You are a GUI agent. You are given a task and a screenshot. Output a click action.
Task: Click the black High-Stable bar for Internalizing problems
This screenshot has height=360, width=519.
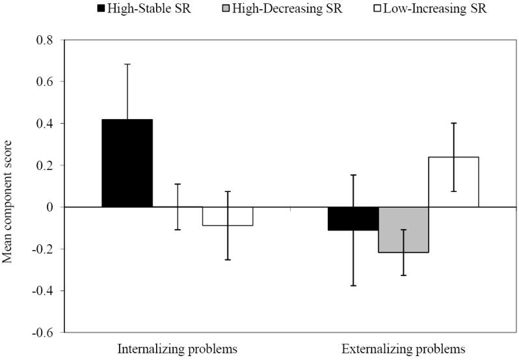pos(127,163)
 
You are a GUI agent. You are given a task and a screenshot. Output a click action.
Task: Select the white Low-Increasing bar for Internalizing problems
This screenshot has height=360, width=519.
pos(227,216)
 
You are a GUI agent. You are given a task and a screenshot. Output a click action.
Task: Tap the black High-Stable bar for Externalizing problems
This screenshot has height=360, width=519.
pos(353,219)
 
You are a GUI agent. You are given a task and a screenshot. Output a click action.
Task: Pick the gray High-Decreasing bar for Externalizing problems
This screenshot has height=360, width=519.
pos(403,230)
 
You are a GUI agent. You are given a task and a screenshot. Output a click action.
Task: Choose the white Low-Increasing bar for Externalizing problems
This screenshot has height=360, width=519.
pos(453,182)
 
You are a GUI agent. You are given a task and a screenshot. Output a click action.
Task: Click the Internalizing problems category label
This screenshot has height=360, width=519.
pos(177,349)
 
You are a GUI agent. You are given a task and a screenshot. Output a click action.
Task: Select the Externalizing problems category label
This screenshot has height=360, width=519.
pos(403,349)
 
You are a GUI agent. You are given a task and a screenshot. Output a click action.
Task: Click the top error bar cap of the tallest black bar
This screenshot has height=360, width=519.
pos(127,64)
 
